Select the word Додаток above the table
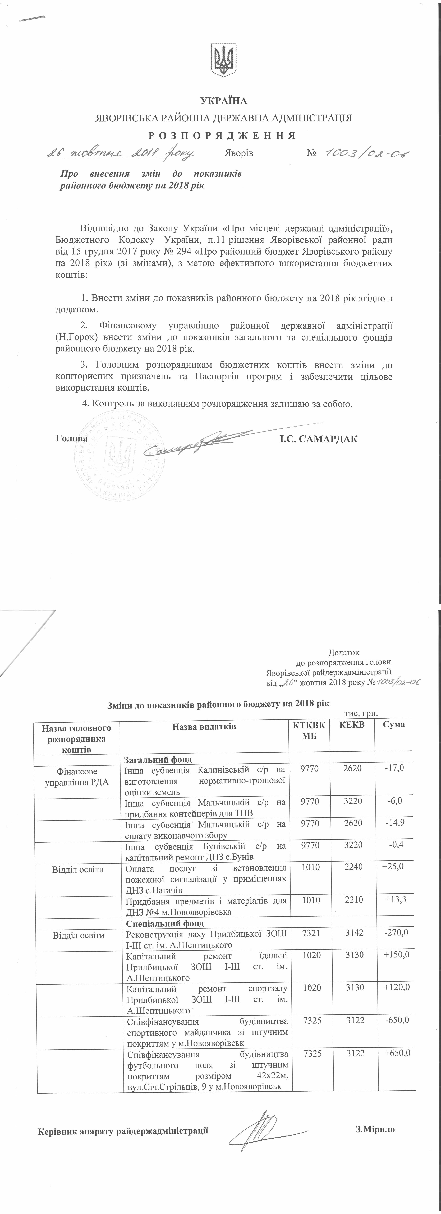(343, 653)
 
